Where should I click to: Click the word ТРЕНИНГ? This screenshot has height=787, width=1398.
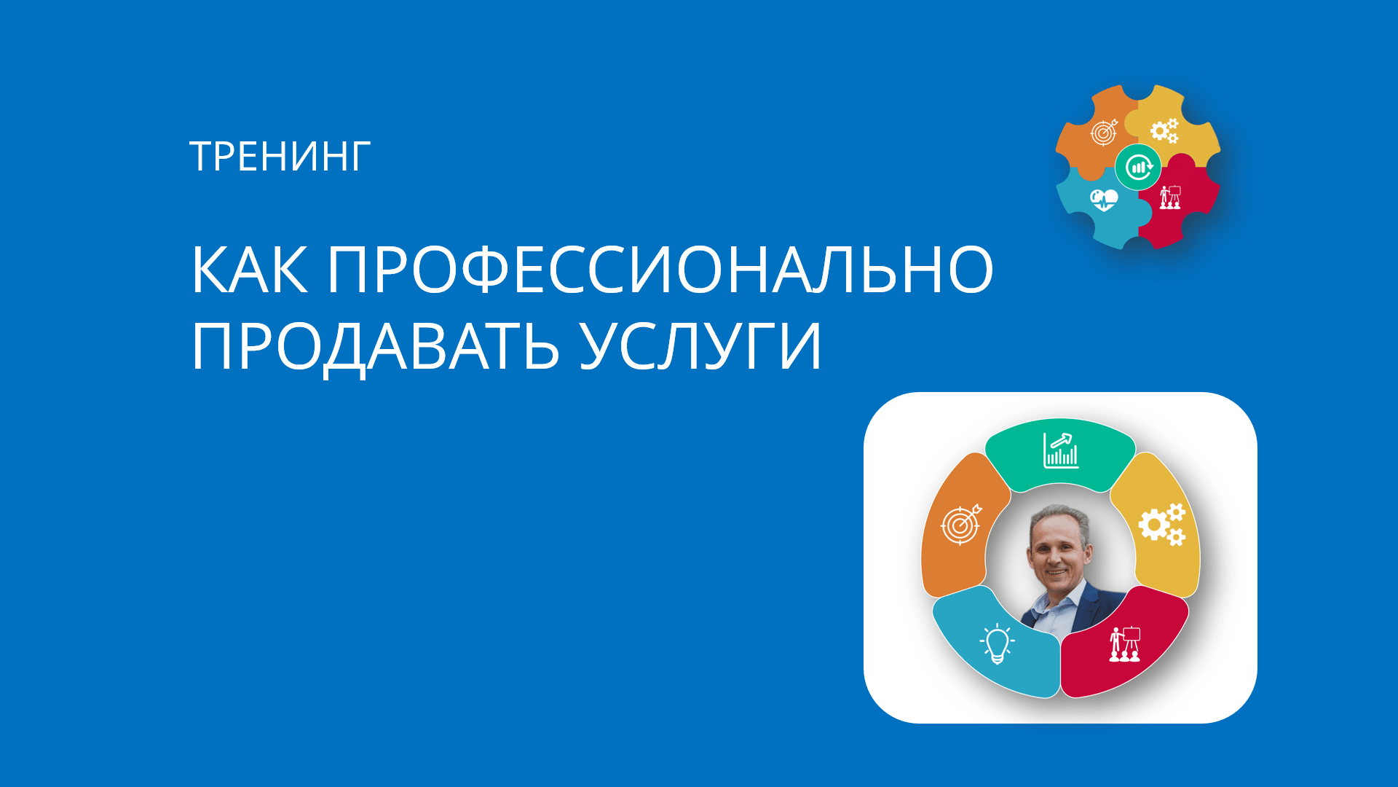pos(280,157)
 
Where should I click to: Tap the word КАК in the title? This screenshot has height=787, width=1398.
pos(249,270)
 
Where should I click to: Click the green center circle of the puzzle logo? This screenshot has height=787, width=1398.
pos(1138,167)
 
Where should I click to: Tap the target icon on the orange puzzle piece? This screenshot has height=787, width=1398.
pos(1104,132)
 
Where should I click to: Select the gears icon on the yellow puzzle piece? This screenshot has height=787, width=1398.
pos(1164,130)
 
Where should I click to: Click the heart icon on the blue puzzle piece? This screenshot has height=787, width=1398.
pos(1104,199)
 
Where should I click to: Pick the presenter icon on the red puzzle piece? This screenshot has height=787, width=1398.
pos(1170,197)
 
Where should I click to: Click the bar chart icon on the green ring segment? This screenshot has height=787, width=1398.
pos(1061,450)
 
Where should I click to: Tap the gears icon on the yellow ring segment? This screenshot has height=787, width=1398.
pos(1162,524)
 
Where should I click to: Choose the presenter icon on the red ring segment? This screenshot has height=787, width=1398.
pos(1125,644)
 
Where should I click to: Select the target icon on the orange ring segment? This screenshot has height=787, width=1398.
pos(961,524)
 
